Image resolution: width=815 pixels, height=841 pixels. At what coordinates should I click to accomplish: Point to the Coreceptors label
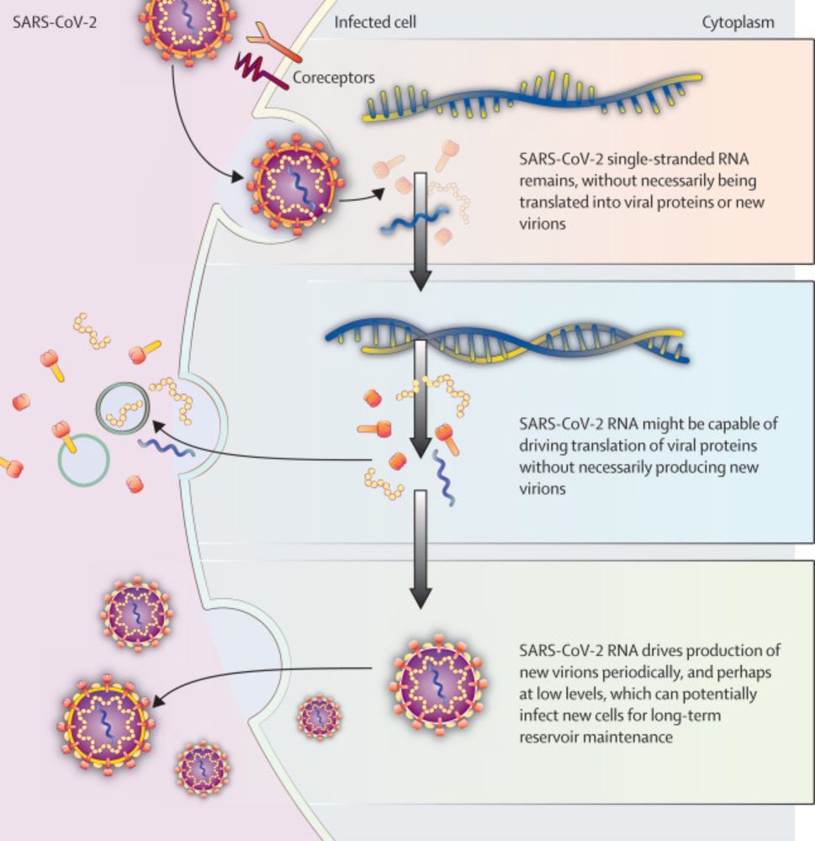point(334,78)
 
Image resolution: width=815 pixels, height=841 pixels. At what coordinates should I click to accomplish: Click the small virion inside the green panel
point(319,717)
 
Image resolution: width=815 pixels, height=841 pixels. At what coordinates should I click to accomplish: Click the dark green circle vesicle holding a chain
point(124,407)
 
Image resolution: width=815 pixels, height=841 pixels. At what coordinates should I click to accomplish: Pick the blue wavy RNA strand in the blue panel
point(445,478)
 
